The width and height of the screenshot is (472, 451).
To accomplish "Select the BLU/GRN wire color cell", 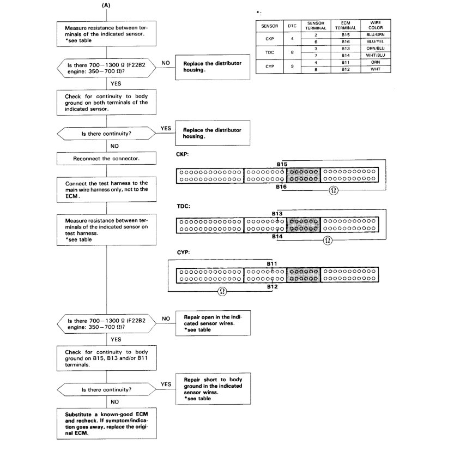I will [x=376, y=35].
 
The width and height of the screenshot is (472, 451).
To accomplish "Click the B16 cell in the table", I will [x=346, y=41].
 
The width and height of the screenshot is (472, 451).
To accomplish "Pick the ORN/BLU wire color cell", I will [x=376, y=48].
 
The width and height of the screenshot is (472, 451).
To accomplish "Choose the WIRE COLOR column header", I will [x=376, y=26].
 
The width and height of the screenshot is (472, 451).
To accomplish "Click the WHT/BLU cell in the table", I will [x=376, y=55].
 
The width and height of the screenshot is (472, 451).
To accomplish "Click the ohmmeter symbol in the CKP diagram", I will [x=332, y=190].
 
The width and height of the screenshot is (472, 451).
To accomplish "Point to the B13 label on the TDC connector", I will [x=277, y=214].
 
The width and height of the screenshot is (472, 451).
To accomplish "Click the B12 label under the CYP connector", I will [x=273, y=286].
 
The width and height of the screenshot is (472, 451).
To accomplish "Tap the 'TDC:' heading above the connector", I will [x=183, y=207].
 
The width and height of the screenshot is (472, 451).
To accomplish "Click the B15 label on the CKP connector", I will [x=282, y=164].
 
